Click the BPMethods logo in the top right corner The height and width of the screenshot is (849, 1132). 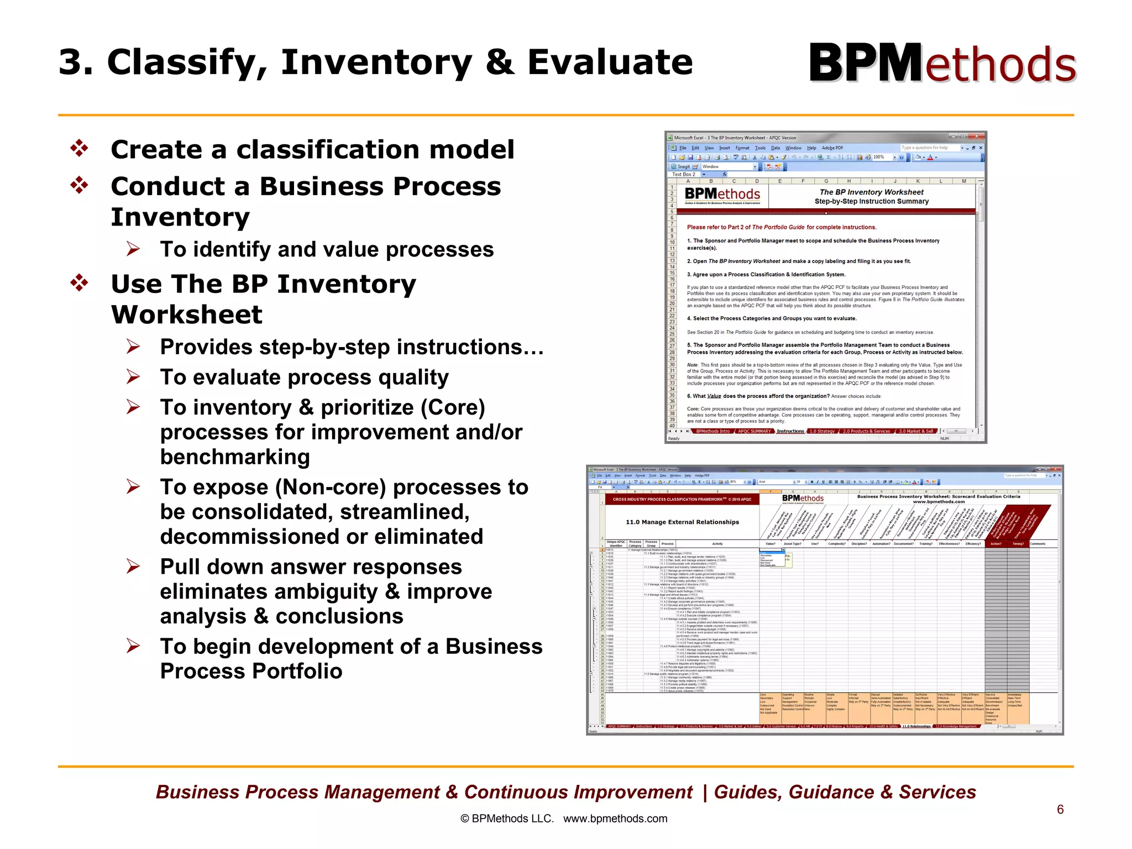[942, 64]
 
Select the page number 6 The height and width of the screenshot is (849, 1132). [1060, 809]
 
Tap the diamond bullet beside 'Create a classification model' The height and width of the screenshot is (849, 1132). [80, 149]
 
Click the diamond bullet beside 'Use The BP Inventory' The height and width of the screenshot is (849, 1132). [80, 283]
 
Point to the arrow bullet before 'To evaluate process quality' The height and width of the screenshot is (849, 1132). [133, 377]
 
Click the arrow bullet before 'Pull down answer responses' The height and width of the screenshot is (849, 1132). [133, 567]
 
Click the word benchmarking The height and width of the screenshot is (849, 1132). [235, 457]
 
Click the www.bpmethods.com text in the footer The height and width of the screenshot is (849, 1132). [615, 819]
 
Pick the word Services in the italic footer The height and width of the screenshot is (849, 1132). [937, 792]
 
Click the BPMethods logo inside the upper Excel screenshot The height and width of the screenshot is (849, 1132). [722, 195]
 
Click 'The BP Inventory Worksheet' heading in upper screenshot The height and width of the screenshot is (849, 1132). [871, 192]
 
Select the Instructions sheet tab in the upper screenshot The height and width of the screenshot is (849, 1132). [790, 431]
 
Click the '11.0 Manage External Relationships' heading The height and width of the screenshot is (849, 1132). [682, 522]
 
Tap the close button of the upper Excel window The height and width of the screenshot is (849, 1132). [977, 137]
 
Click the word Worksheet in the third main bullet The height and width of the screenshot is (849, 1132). [187, 315]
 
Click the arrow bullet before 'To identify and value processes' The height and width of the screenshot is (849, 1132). [133, 249]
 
